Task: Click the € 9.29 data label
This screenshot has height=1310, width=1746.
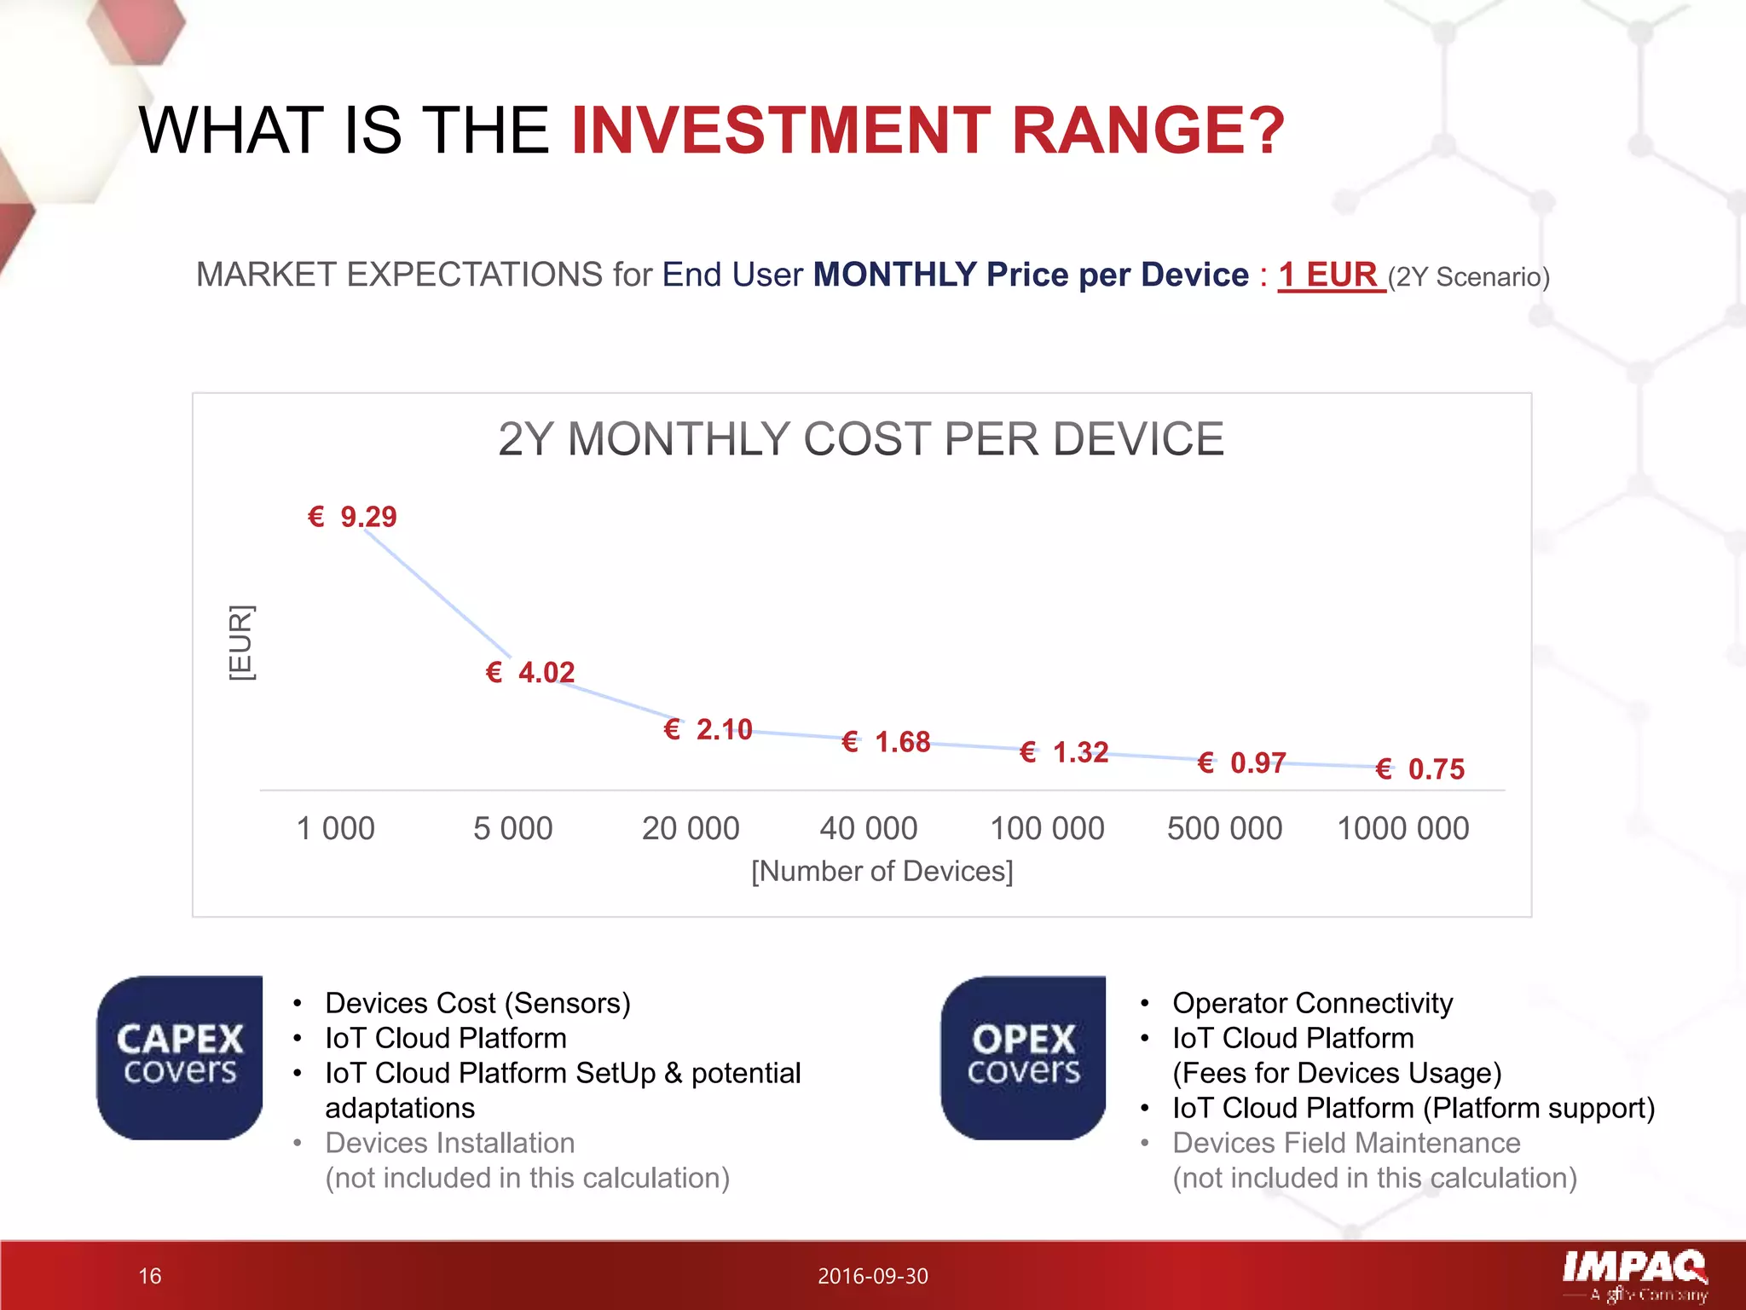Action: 353,517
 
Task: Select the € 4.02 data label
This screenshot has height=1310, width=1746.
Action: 530,672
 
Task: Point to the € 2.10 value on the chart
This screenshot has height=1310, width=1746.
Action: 708,729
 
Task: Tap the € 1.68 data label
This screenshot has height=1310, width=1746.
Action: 887,742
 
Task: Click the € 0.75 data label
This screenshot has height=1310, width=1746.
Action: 1420,769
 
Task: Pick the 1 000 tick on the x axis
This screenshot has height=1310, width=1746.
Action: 335,828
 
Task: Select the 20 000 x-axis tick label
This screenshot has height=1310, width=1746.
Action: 691,828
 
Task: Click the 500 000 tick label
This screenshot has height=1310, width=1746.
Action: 1224,828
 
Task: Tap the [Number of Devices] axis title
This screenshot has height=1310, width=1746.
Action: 882,871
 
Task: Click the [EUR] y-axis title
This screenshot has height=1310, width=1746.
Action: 241,643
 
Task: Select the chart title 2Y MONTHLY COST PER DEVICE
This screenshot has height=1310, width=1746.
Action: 861,439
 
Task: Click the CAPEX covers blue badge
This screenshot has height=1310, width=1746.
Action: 180,1058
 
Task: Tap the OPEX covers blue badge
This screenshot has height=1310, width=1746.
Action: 1023,1058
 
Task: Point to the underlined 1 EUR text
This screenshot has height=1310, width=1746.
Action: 1330,275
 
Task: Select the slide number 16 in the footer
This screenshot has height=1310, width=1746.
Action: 150,1276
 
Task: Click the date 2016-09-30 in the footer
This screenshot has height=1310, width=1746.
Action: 872,1276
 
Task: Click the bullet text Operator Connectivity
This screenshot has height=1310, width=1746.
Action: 1312,1003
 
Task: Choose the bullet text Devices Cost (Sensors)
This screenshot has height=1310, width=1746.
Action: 477,1003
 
